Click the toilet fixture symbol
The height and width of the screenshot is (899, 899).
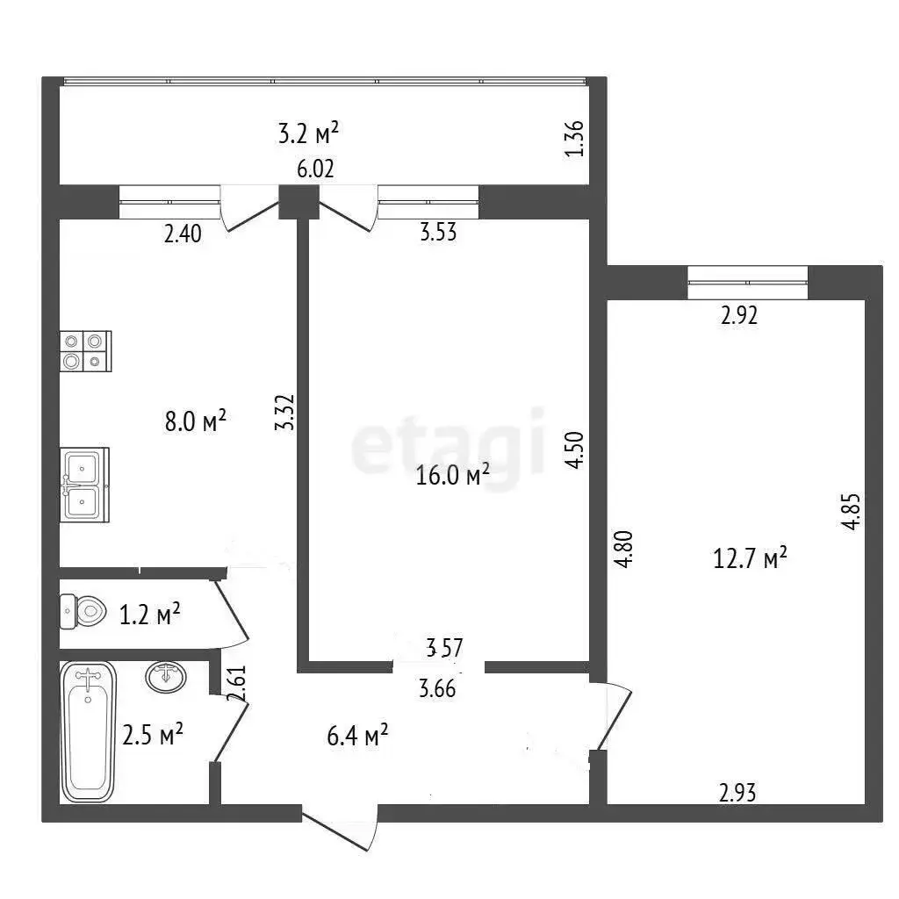(x=83, y=611)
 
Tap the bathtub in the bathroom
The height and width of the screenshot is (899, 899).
(x=89, y=731)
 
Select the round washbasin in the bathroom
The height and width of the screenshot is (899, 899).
(x=166, y=677)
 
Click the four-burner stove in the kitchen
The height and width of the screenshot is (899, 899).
(x=85, y=351)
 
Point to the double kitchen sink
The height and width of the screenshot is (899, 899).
(x=85, y=485)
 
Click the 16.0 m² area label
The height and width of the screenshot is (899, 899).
(x=452, y=475)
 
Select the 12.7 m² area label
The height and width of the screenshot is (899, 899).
(x=750, y=557)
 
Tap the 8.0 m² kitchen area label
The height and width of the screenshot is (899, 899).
(x=196, y=421)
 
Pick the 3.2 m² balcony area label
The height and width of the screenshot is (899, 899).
(x=308, y=133)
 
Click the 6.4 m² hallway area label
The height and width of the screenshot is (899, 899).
(x=357, y=735)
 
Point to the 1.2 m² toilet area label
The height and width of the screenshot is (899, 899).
(x=149, y=614)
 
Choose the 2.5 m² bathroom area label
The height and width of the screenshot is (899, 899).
(x=153, y=735)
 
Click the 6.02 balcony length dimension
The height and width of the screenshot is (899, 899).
(x=315, y=169)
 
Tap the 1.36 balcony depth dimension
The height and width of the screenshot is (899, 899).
(x=574, y=138)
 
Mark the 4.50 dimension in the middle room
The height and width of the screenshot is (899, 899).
(x=574, y=450)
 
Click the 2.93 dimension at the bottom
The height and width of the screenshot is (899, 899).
(x=737, y=793)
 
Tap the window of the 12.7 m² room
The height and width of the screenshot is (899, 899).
(x=748, y=283)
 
